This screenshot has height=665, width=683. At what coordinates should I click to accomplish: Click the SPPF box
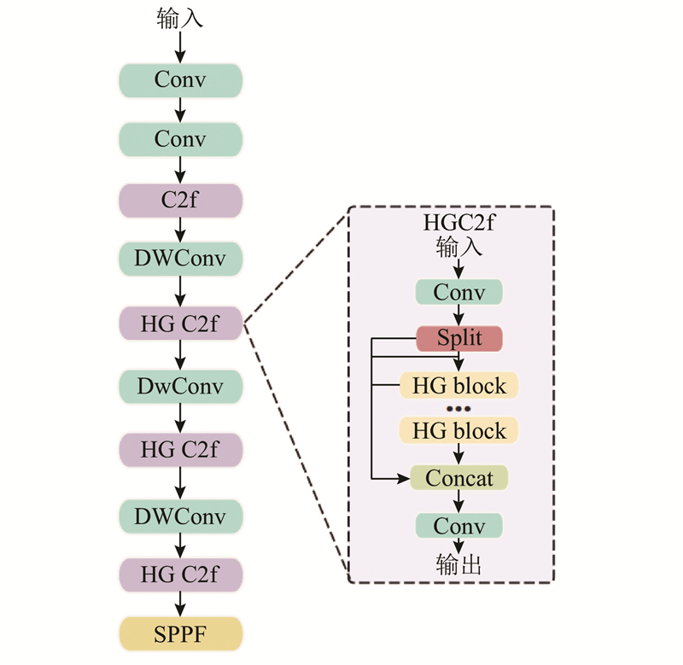click(x=180, y=633)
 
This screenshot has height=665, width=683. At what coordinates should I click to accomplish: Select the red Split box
click(x=459, y=338)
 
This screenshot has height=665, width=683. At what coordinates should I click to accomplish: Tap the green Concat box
click(x=459, y=478)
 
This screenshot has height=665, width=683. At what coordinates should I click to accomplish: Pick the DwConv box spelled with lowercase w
click(x=180, y=387)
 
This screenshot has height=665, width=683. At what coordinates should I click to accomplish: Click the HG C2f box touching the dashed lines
click(x=180, y=323)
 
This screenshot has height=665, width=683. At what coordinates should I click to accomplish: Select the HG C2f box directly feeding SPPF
click(x=180, y=575)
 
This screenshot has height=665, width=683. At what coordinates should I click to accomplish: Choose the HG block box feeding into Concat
click(x=459, y=431)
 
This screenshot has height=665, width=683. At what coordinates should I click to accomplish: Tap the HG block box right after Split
click(x=459, y=385)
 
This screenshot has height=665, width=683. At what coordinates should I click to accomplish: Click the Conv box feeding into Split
click(x=459, y=292)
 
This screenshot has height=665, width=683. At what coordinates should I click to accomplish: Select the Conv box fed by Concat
click(x=459, y=525)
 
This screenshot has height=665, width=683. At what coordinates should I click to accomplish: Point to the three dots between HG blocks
click(x=459, y=409)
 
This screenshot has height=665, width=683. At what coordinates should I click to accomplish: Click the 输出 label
click(x=459, y=564)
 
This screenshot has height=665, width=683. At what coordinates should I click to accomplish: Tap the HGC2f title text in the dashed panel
click(x=459, y=224)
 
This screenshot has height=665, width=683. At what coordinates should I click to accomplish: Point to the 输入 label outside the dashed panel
click(x=180, y=18)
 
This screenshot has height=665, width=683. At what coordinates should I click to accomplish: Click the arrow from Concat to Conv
click(x=459, y=501)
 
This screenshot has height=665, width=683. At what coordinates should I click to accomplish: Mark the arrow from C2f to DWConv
click(x=180, y=230)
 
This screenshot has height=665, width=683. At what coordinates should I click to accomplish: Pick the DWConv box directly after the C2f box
click(x=180, y=258)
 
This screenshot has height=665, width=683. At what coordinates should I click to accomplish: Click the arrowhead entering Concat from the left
click(x=404, y=478)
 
